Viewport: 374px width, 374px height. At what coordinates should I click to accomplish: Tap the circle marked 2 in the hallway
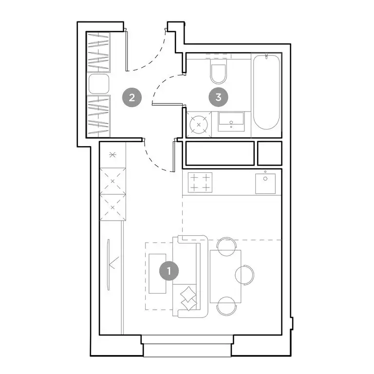131,97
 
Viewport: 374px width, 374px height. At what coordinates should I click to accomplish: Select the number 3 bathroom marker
218,97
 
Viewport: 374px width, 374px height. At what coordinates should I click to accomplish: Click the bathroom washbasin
231,121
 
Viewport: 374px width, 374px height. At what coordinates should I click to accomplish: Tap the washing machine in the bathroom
199,124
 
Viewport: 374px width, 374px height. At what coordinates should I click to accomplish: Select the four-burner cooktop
200,183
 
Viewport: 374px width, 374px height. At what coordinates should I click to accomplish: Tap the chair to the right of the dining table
245,275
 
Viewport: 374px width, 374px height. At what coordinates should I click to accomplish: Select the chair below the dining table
225,306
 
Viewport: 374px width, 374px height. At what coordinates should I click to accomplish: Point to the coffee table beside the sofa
157,273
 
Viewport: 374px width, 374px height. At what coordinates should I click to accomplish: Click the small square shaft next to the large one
270,153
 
